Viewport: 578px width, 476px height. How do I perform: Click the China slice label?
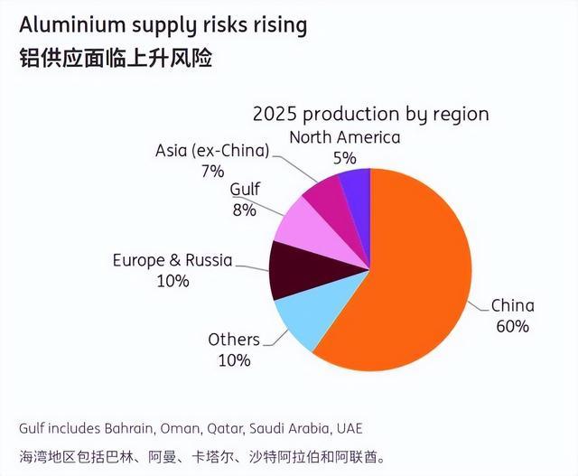512,305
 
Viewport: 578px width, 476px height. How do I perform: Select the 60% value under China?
512,326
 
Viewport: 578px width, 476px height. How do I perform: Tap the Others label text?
233,340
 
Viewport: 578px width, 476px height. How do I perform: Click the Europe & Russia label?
172,260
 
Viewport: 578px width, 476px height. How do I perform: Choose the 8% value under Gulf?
243,210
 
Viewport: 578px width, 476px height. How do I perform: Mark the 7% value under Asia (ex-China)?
212,170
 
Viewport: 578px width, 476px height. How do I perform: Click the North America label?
344,137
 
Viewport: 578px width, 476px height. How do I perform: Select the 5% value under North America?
344,158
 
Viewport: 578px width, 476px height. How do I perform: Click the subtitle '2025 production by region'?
370,115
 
